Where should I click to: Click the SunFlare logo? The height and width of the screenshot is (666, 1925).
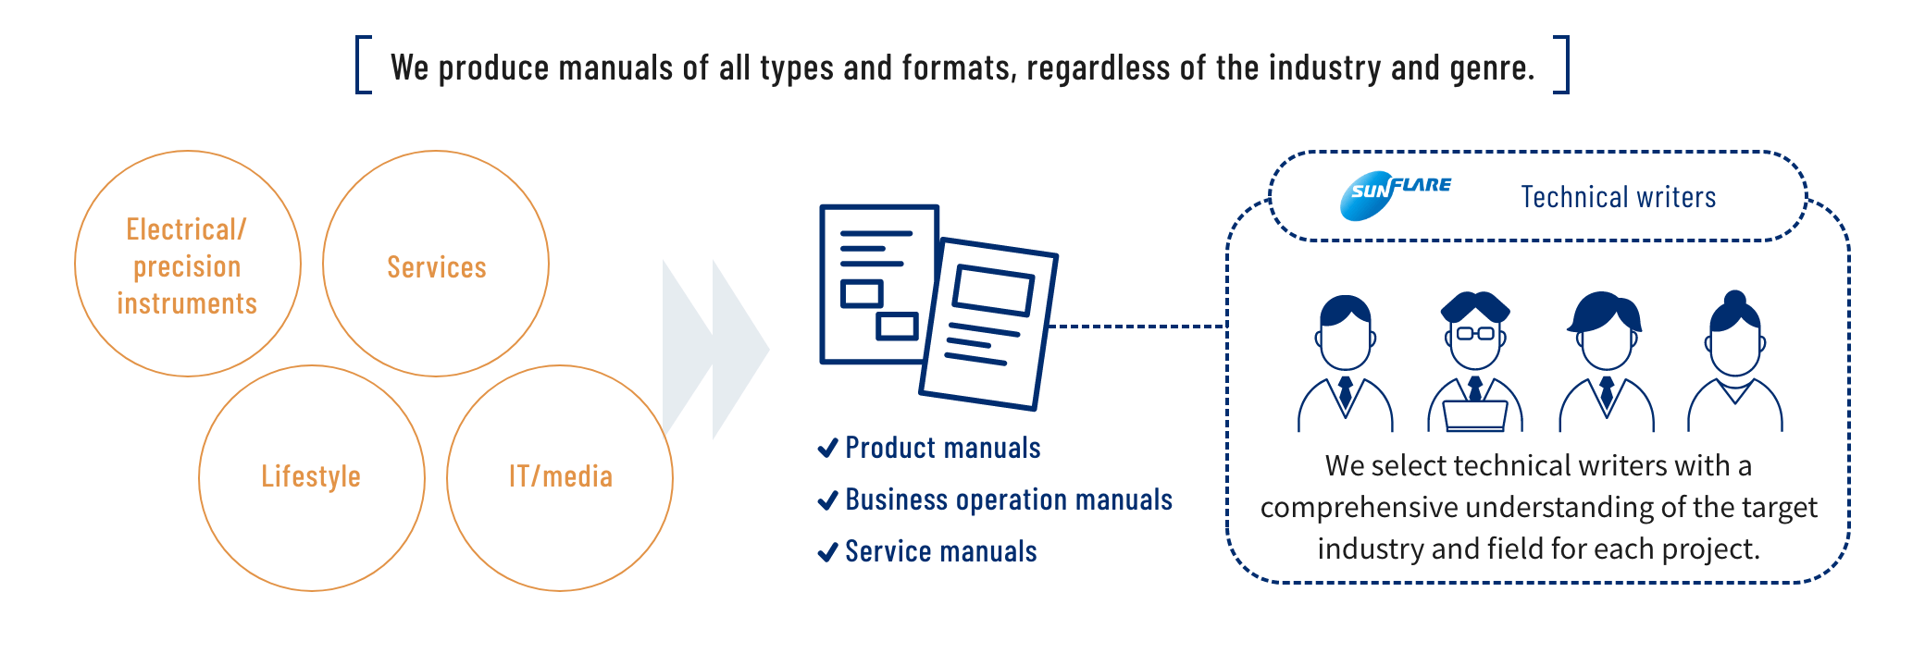1395,194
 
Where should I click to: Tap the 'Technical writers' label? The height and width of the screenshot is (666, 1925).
1618,197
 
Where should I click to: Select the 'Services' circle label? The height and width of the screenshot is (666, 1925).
436,267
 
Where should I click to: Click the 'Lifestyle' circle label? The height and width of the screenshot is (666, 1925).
311,476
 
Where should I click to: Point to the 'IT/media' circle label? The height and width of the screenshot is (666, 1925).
561,476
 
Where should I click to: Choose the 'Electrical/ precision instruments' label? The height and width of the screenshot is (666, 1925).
187,266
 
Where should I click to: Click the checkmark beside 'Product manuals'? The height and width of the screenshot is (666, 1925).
827,449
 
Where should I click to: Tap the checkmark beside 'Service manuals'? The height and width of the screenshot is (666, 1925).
827,552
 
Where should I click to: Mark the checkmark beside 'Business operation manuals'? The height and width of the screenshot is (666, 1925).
827,500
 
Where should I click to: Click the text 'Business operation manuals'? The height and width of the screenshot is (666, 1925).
1009,500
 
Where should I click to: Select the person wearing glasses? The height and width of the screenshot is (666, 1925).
1475,361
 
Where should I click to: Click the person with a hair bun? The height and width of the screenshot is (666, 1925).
1734,361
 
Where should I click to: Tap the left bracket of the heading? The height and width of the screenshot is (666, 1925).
363,65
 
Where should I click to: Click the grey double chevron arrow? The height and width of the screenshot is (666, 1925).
714,349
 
